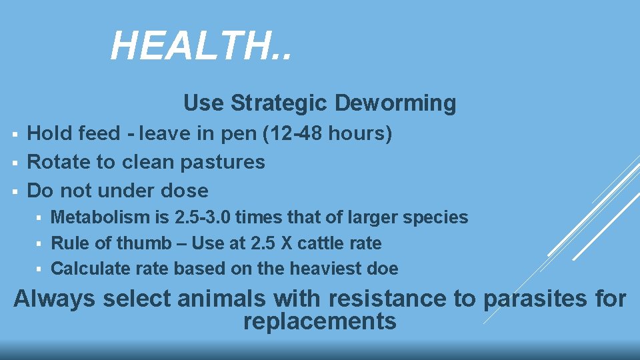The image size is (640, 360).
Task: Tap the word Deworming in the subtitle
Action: pos(395,103)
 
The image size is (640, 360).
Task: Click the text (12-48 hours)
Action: pos(328,134)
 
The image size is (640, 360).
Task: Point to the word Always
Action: pos(55,298)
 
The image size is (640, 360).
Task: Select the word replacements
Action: pos(320,321)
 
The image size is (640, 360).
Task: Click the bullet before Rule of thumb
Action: pos(40,244)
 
